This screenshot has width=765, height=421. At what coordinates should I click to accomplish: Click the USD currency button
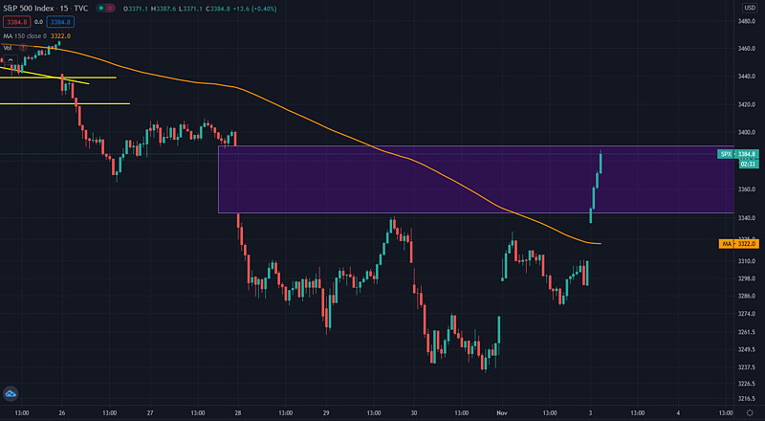coord(750,8)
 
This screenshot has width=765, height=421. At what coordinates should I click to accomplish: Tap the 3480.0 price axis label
coord(749,20)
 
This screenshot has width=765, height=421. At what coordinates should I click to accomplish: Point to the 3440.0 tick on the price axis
coord(749,76)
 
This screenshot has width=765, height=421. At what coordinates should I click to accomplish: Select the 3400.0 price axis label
coord(749,133)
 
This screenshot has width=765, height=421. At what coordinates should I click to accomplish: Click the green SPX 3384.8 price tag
coord(739,153)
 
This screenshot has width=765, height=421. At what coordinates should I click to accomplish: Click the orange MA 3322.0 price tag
coord(739,244)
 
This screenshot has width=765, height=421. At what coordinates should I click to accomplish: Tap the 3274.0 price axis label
coord(749,314)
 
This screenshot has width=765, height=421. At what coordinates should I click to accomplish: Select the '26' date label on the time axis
coord(62,412)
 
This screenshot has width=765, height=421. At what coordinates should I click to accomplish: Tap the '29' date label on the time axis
coord(326,412)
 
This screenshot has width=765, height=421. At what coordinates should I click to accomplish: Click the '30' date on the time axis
coord(414,412)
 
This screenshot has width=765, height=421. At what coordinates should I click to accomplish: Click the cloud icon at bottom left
coord(11,393)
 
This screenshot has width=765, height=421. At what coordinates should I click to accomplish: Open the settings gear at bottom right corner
coord(750,412)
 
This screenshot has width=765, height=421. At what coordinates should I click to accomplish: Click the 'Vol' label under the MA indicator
coord(7,47)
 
